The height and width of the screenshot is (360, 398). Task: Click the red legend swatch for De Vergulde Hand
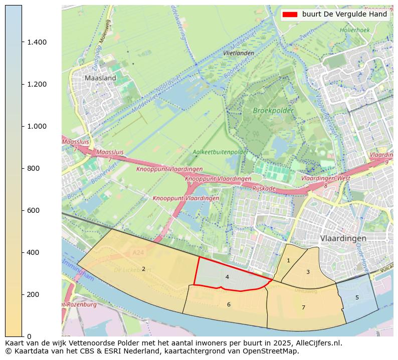point(290,15)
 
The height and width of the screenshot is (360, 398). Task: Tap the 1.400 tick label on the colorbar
point(37,42)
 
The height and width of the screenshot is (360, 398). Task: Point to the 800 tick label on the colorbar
point(34,168)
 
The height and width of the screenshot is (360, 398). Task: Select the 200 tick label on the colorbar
point(34,294)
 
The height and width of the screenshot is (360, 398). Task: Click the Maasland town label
point(100,78)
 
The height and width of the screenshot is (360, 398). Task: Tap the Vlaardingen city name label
point(343,238)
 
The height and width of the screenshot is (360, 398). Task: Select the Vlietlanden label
point(239,53)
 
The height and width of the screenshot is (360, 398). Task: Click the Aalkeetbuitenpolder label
point(220,152)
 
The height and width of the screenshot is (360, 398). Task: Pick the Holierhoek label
point(354,30)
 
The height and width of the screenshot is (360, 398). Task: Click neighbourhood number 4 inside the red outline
point(227,277)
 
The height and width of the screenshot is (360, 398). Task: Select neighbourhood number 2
point(143,269)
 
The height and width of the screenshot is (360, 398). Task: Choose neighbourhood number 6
point(229,304)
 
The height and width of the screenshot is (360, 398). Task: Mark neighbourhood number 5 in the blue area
point(357,297)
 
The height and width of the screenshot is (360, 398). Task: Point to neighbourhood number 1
point(288,260)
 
